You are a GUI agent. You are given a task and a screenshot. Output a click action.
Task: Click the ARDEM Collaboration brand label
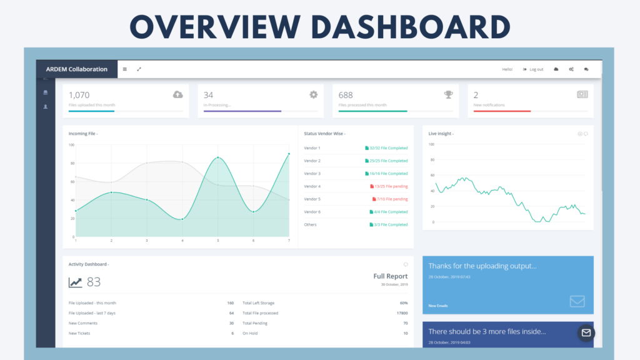(x=77, y=69)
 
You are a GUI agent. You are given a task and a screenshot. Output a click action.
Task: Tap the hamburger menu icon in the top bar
(x=124, y=69)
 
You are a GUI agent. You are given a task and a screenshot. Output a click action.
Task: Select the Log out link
(x=533, y=69)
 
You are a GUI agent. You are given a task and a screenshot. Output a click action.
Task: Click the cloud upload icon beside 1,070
(x=178, y=94)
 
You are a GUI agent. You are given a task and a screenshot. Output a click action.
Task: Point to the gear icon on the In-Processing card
(x=314, y=94)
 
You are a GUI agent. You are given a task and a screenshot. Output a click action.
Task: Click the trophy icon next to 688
(x=449, y=94)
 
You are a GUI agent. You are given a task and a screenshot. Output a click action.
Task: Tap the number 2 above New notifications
(x=476, y=95)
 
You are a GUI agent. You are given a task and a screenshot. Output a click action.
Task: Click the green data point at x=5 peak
(x=218, y=157)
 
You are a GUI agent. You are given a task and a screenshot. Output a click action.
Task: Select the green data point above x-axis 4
(x=182, y=219)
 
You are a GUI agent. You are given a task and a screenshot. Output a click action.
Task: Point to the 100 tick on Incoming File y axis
(x=71, y=145)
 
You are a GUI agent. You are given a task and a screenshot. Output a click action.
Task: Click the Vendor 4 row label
(x=312, y=186)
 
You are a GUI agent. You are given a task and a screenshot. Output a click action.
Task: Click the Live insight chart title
(x=441, y=134)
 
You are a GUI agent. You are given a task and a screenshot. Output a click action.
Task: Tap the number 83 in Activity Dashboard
(x=94, y=282)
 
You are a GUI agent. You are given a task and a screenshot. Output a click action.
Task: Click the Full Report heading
(x=391, y=276)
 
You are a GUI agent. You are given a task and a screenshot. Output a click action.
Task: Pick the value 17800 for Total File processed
(x=402, y=313)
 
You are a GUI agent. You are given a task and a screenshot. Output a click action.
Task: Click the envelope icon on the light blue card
(x=577, y=301)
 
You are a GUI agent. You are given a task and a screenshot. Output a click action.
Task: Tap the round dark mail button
(x=586, y=332)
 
